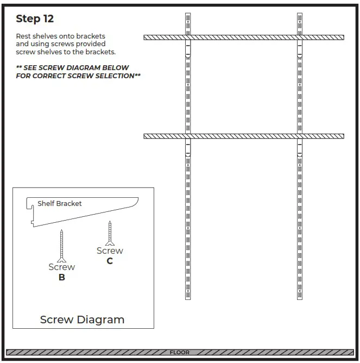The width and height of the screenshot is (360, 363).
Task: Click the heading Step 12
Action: point(35,19)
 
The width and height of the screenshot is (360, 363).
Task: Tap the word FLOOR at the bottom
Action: point(179,353)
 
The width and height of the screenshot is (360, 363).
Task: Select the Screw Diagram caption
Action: point(82,320)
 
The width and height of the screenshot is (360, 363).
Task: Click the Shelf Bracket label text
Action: point(59,204)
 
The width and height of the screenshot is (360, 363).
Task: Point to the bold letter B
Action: point(62,277)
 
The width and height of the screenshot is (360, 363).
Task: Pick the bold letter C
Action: point(110,261)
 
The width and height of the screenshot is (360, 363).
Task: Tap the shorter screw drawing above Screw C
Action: point(110,233)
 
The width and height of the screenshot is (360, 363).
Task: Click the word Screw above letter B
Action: point(62,267)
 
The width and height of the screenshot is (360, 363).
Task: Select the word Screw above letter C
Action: point(110,251)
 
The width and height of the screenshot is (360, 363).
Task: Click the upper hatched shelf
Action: point(244,37)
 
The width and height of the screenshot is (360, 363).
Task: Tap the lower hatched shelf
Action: point(244,136)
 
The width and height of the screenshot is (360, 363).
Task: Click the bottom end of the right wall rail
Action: point(300,297)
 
